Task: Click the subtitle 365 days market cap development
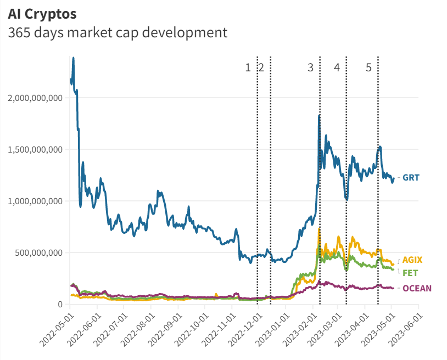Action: click(118, 32)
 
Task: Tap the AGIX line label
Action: click(412, 260)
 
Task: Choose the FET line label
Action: click(410, 273)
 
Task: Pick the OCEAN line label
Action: click(417, 288)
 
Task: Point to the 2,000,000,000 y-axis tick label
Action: click(34, 98)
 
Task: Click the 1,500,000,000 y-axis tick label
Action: click(34, 150)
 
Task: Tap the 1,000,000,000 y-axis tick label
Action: click(34, 201)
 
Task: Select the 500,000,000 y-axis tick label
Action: click(38, 253)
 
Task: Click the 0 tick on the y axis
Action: click(60, 305)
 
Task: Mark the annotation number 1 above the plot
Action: click(248, 67)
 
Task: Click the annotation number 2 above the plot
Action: click(261, 67)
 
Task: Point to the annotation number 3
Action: click(311, 67)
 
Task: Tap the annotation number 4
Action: click(337, 67)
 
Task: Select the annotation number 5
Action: click(368, 67)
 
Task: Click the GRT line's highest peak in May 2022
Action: click(74, 58)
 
